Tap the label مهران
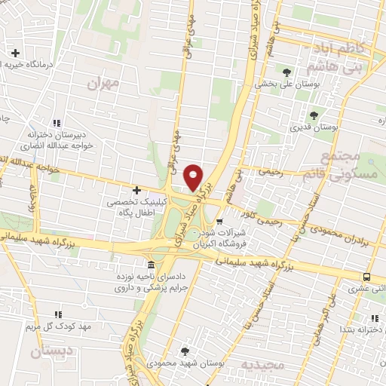103,84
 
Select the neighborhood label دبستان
51,351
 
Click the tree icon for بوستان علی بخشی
286,73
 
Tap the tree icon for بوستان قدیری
314,115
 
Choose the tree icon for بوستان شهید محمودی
185,351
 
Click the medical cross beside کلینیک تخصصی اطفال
136,190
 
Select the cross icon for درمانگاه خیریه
15,53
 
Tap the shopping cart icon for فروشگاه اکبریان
219,222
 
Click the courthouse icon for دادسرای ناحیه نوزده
152,266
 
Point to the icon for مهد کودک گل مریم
57,314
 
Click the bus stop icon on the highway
366,277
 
